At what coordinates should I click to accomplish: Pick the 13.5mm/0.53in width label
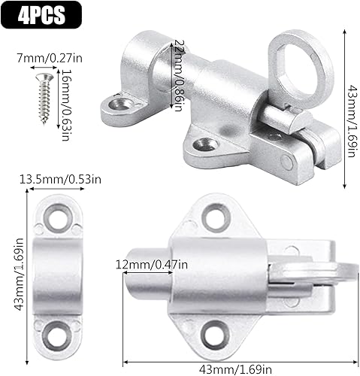(x=56, y=179)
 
